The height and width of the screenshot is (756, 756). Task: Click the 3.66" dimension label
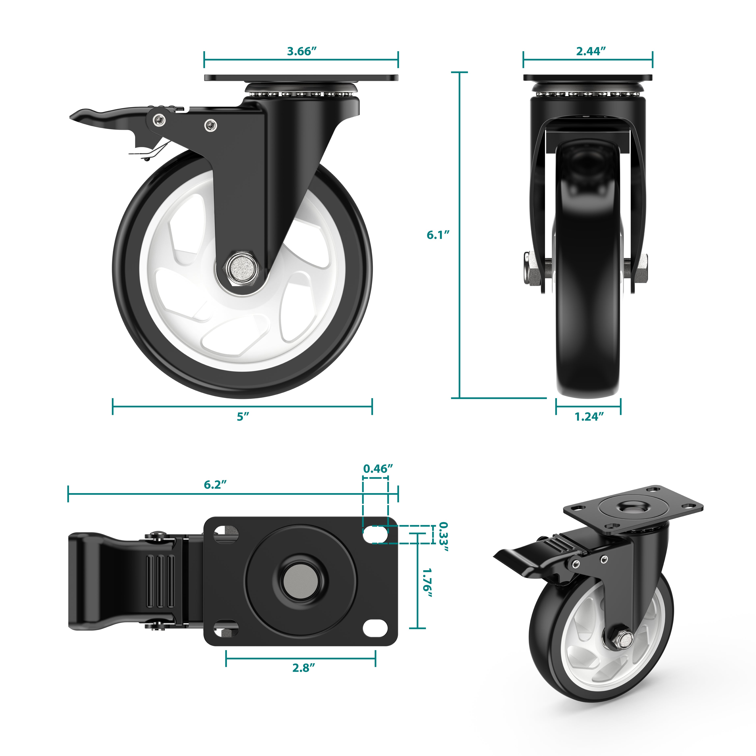[x=301, y=51]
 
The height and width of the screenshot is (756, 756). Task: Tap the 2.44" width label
[x=591, y=51]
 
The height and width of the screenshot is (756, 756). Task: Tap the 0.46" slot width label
[x=378, y=469]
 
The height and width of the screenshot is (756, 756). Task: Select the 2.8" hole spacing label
[x=303, y=667]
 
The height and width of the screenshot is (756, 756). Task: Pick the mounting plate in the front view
[x=588, y=77]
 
